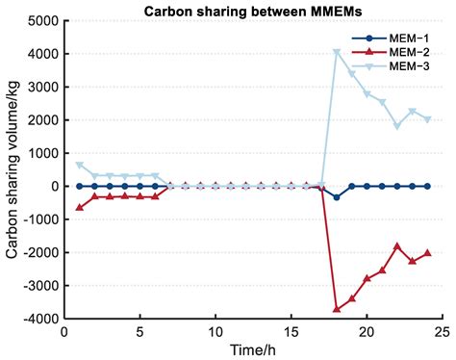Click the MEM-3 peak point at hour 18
pos(337,52)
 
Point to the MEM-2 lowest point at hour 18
pos(337,309)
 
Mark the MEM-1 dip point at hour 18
pos(337,197)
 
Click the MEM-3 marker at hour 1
pos(80,165)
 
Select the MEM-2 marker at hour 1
pos(80,207)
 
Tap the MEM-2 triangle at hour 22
pos(397,245)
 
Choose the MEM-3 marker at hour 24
pos(427,119)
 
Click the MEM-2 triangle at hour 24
pos(427,253)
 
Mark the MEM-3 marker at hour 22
pos(397,126)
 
